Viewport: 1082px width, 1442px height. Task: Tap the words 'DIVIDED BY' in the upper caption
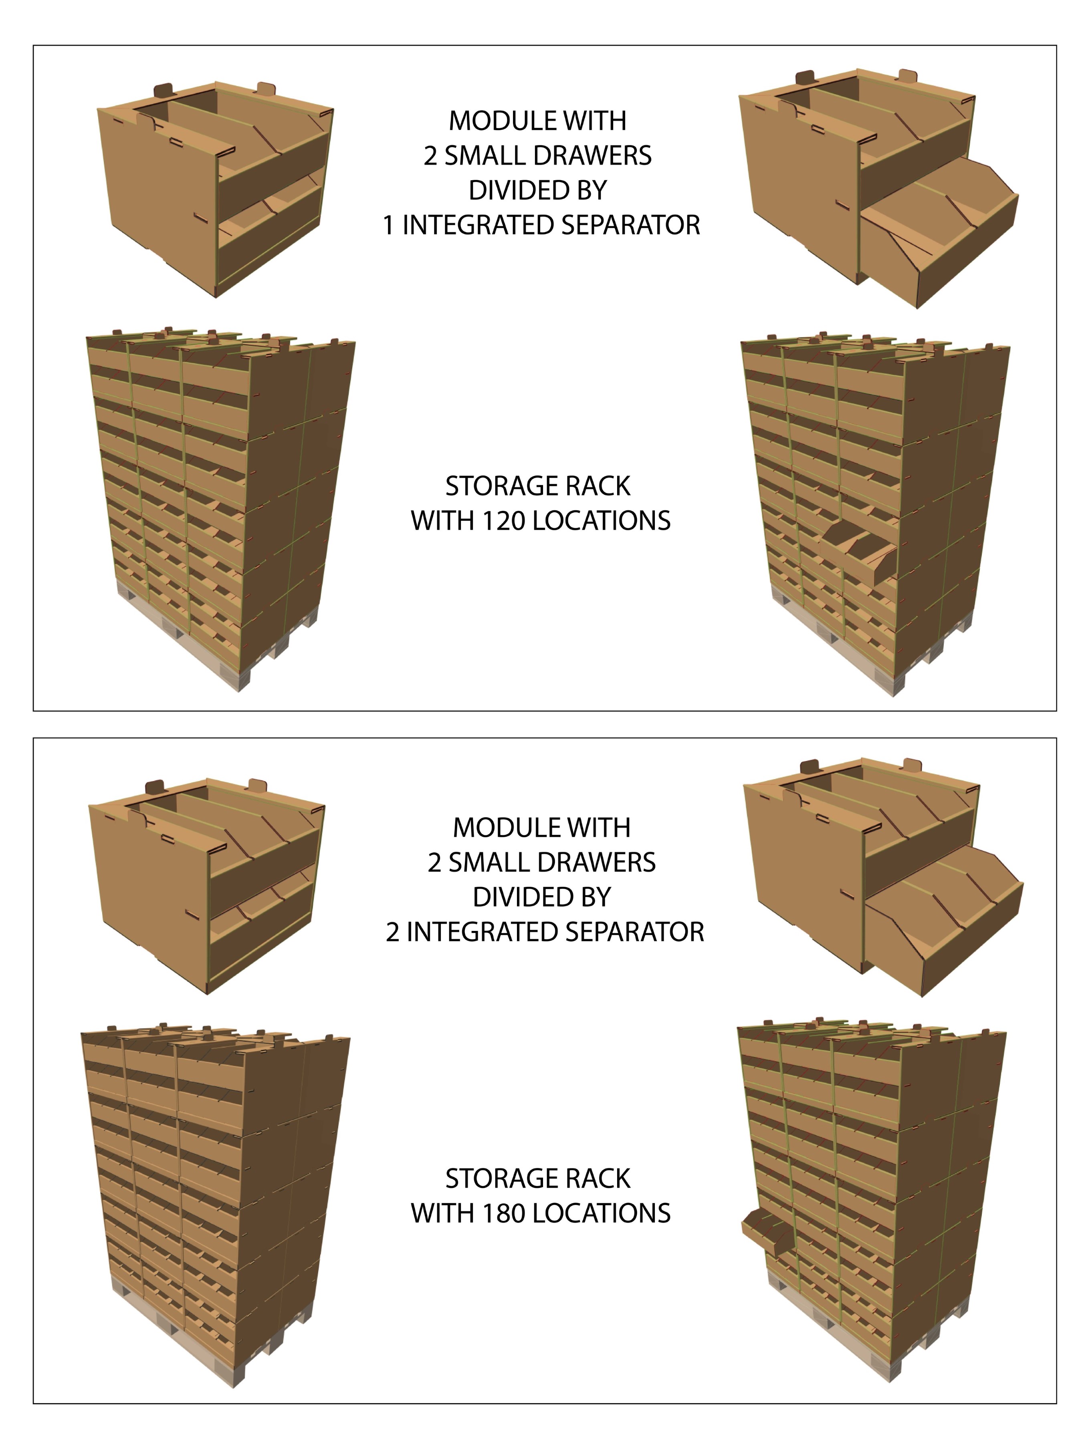[x=538, y=190]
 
